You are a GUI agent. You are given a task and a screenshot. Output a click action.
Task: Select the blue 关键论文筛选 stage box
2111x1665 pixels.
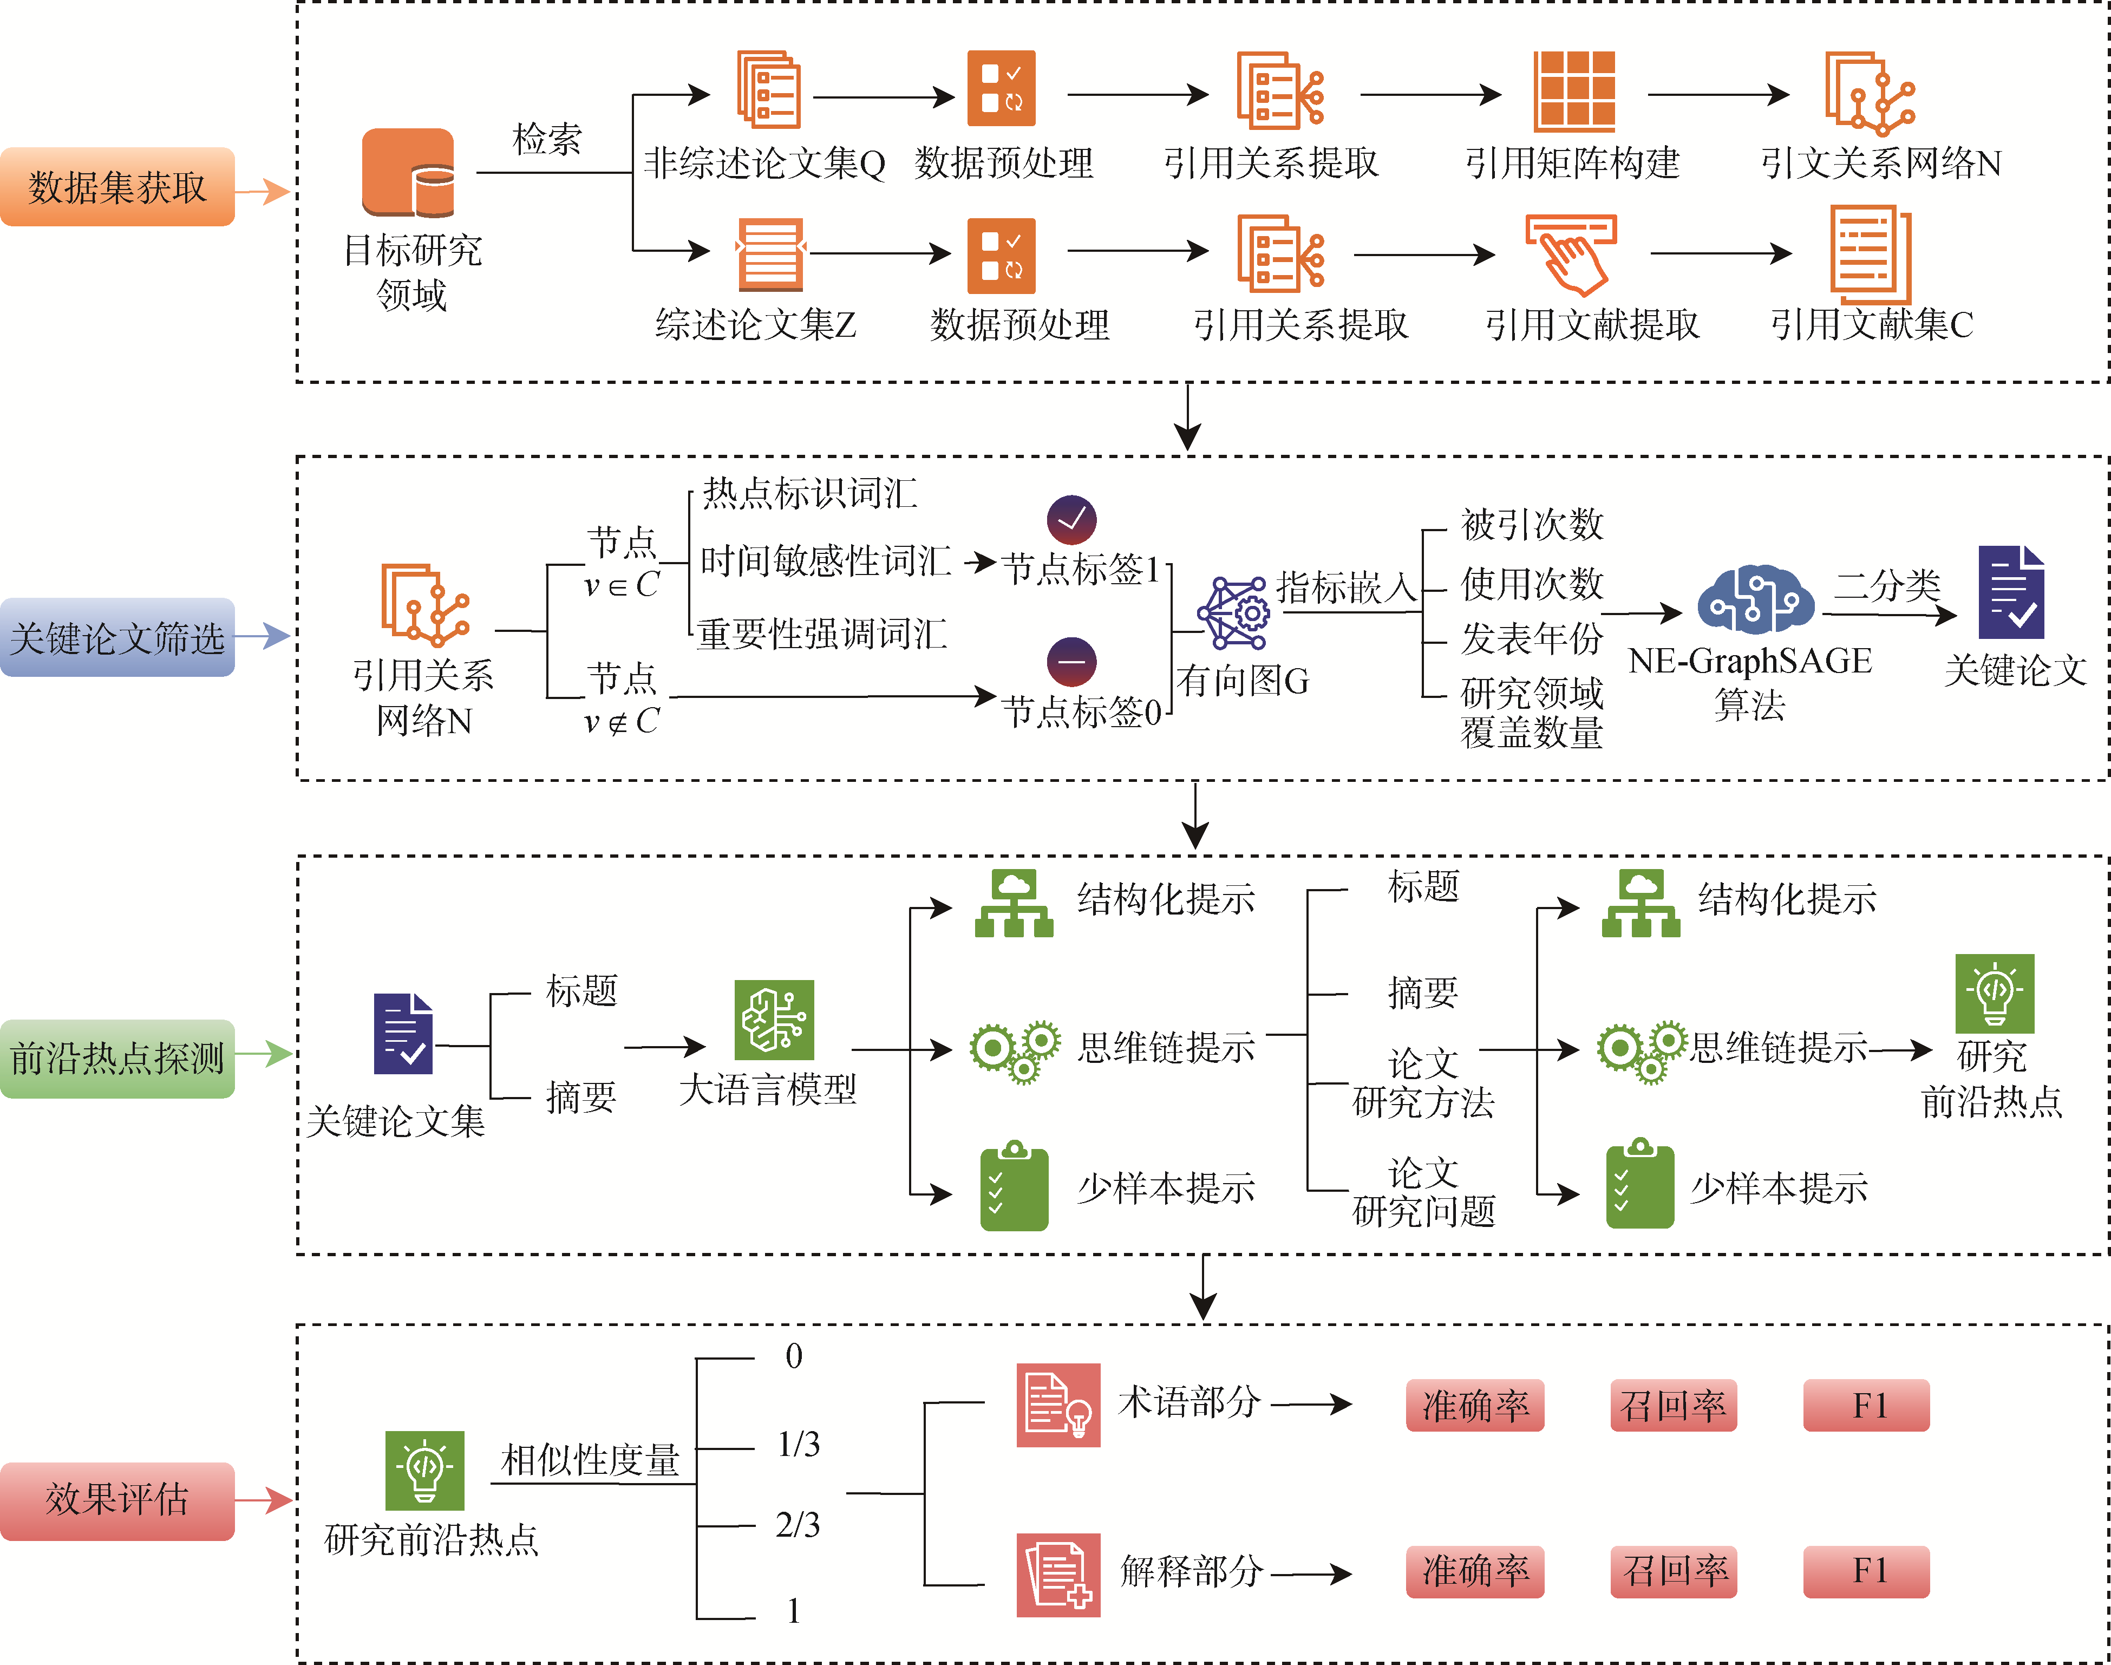(117, 637)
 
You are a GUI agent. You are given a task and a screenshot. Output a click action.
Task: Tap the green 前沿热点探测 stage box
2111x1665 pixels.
(117, 1057)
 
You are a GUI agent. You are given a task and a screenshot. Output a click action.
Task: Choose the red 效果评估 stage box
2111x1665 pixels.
(117, 1499)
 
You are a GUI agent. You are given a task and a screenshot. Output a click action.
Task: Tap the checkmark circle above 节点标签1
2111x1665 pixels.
(1071, 520)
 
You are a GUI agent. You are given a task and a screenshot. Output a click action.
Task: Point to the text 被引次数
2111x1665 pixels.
(1531, 525)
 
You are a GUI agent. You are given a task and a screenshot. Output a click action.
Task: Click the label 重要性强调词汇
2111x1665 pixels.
(821, 634)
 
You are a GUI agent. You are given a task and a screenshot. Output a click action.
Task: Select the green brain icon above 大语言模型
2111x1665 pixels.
(774, 1020)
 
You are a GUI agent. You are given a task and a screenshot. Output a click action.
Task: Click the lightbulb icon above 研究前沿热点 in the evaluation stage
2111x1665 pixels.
(424, 1470)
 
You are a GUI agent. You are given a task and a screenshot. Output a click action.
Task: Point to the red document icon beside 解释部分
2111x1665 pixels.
(1057, 1575)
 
